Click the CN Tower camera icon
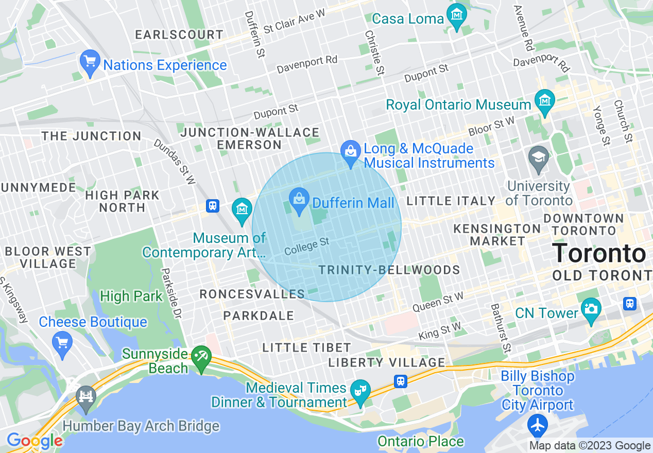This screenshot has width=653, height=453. tap(591, 308)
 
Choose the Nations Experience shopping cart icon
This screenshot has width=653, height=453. tap(90, 62)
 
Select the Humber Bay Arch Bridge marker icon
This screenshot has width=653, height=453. tap(86, 397)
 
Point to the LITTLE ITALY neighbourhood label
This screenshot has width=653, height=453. tap(451, 201)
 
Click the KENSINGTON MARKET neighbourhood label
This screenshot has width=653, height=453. tap(497, 234)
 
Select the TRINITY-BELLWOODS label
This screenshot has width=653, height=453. tap(389, 270)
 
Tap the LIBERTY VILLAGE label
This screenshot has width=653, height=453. tap(386, 362)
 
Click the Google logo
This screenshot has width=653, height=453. tap(35, 441)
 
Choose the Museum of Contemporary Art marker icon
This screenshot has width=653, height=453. tap(242, 210)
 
